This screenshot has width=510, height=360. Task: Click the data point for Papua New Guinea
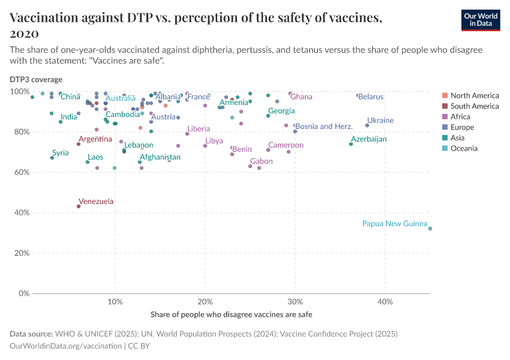point(430,229)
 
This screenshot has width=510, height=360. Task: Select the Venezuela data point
point(79,206)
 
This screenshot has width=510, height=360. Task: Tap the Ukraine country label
point(380,121)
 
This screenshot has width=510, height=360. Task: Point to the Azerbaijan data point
point(351,144)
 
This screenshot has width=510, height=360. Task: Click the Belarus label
point(371,97)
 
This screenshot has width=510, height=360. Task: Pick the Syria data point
point(52,158)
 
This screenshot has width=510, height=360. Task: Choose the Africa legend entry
point(460,116)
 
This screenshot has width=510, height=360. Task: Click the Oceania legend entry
point(464,148)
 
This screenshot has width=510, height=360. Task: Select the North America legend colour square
point(444,95)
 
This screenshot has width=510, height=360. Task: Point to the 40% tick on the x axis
point(385,302)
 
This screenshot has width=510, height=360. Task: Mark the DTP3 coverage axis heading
point(35,79)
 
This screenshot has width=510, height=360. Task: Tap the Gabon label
point(262,161)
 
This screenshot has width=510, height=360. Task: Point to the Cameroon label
point(286,145)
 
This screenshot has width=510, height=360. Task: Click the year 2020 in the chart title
point(25,33)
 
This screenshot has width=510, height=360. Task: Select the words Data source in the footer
point(31,334)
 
